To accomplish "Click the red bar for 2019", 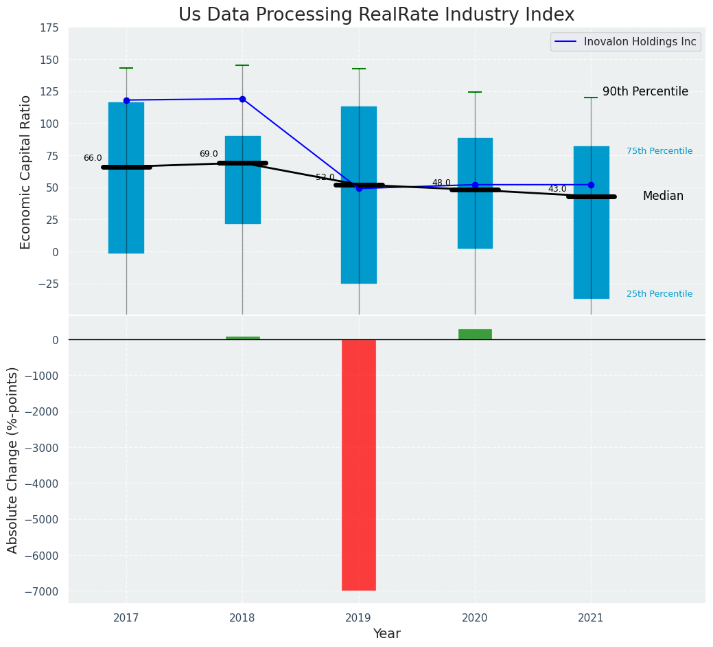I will click(x=359, y=464).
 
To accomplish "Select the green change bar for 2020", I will click(x=475, y=334).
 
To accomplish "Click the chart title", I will click(x=376, y=14).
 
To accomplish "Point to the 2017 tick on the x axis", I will click(x=126, y=617).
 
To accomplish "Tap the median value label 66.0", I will click(x=93, y=158).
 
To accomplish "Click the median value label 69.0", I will click(x=209, y=154).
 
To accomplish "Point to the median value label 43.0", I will click(x=557, y=189).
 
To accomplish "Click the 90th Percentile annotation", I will click(x=645, y=91).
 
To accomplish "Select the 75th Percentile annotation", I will click(x=659, y=151).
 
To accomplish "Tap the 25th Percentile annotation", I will click(x=659, y=294).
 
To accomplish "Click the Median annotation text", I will click(x=663, y=196).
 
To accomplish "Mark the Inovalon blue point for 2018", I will click(x=242, y=99).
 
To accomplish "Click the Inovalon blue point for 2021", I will click(x=591, y=185).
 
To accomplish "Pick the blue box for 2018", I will click(x=242, y=180).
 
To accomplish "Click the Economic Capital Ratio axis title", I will click(x=26, y=172).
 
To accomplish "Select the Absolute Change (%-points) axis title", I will click(x=13, y=459).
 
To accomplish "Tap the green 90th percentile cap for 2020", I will click(x=475, y=92).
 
